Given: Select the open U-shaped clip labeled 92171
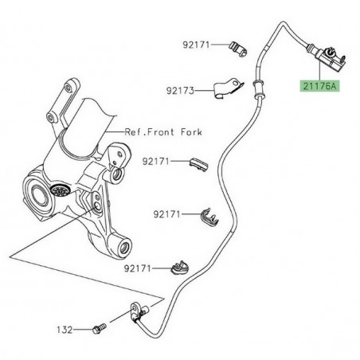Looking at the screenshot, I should (x=209, y=213).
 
